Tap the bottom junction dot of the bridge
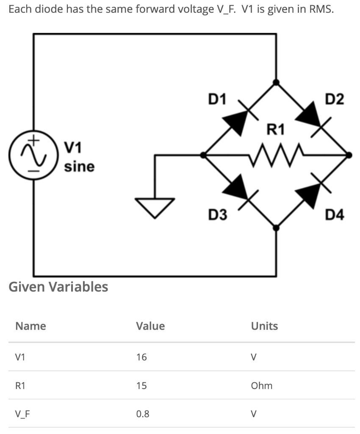click(x=276, y=228)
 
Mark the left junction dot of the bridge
click(x=204, y=155)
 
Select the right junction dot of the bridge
click(x=349, y=155)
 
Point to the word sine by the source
click(x=79, y=167)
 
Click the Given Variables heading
click(x=58, y=287)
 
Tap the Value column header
click(x=150, y=326)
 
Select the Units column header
click(x=264, y=326)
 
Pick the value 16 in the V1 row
click(x=141, y=357)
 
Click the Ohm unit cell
click(x=261, y=386)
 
